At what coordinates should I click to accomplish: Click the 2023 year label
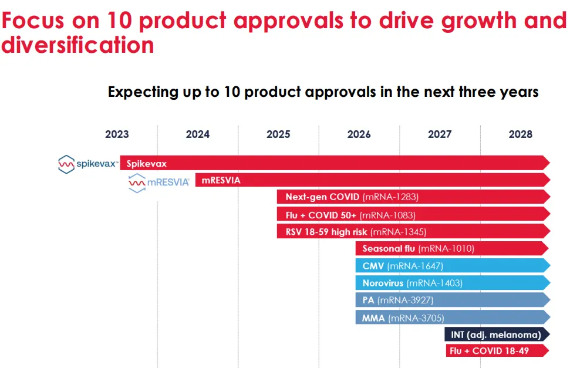click(117, 134)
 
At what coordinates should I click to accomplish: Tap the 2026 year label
click(359, 134)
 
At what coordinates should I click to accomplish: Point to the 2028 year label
click(520, 134)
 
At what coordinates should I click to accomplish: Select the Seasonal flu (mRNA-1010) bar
click(452, 249)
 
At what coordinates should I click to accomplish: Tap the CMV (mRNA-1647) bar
click(452, 266)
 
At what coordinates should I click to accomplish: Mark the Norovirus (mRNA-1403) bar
click(452, 283)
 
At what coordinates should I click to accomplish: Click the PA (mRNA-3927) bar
click(452, 300)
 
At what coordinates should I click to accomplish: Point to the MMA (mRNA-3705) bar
click(452, 318)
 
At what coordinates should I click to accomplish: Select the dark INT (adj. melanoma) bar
click(497, 335)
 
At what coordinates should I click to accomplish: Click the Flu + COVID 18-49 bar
click(497, 351)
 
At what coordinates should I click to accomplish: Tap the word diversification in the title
click(77, 45)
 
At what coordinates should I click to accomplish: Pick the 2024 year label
click(197, 134)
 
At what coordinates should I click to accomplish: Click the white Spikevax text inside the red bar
click(146, 164)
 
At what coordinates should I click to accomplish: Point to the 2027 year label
click(440, 134)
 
